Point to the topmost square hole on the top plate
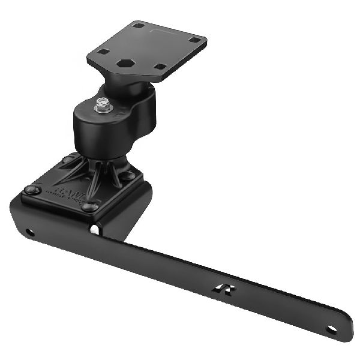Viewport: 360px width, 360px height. point(139,25)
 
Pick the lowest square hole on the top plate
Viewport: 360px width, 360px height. point(160,67)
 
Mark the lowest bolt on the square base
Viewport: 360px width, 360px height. point(89,207)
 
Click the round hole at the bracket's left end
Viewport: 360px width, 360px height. point(28,232)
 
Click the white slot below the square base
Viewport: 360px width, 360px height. point(94,229)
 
